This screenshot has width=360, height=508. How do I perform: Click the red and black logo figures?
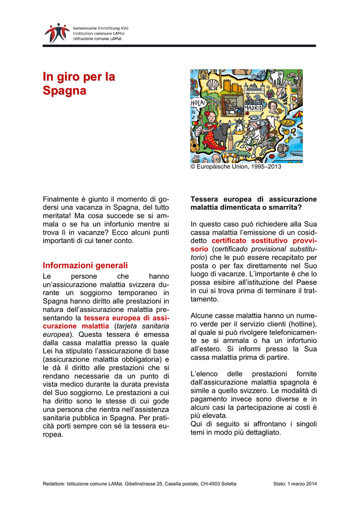(x=57, y=32)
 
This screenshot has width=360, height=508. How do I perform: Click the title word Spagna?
(x=64, y=91)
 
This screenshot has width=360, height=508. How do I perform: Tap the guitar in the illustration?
(x=195, y=143)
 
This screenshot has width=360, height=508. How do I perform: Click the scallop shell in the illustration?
(x=214, y=83)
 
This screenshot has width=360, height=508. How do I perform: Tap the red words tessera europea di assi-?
(x=127, y=317)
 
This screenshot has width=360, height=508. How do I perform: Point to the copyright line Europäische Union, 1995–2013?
(x=236, y=167)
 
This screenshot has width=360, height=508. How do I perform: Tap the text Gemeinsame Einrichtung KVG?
(x=100, y=28)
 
